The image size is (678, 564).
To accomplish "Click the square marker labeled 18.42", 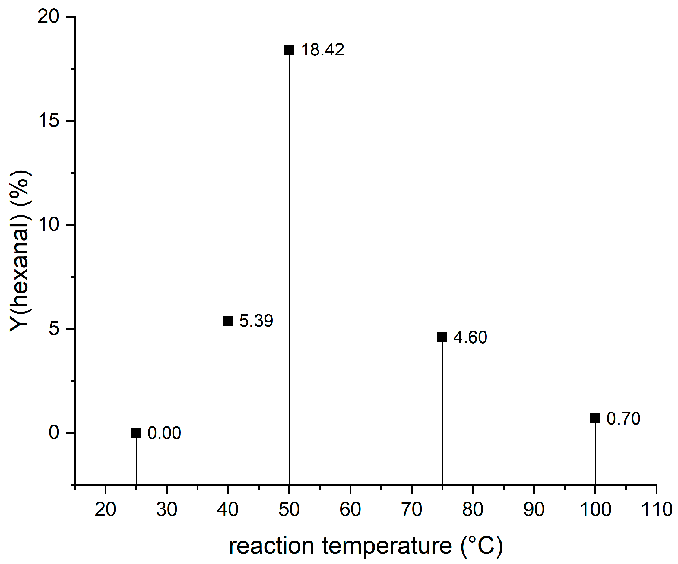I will (289, 50).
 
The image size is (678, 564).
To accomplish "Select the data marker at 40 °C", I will (228, 321).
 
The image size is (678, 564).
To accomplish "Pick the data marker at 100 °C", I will (595, 418).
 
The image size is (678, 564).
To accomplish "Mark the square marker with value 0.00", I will (136, 433).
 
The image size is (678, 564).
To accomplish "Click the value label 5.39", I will (256, 321).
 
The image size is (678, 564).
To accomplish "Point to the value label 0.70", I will (623, 419).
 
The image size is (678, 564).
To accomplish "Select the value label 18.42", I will (322, 50).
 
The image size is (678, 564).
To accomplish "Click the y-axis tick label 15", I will (49, 121).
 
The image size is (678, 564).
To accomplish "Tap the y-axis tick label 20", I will (48, 16).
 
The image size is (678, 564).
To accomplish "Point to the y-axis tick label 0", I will (54, 433).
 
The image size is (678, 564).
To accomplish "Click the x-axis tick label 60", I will (350, 509).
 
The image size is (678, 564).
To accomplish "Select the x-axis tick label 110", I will (656, 509).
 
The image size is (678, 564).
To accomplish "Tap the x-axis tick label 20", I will (105, 509).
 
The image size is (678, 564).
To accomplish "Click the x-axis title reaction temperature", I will (366, 546).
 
